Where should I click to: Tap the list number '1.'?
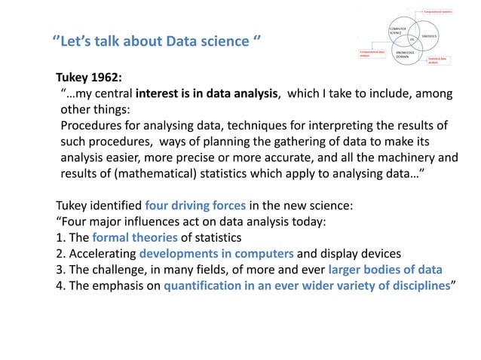(x=62, y=238)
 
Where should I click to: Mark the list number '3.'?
(x=62, y=271)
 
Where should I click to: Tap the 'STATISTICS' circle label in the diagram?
(x=430, y=35)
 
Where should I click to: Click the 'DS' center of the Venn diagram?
(x=411, y=39)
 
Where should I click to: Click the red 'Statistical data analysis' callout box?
(x=438, y=60)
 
